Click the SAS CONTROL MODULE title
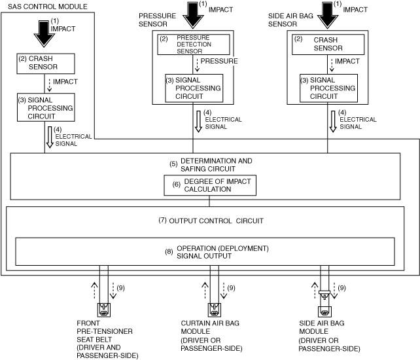47,7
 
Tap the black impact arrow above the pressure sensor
193,15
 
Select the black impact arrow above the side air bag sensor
327,15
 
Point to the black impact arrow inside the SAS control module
44,34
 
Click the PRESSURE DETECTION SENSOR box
194,45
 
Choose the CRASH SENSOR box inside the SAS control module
46,63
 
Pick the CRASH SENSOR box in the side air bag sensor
328,45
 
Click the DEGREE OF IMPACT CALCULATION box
210,185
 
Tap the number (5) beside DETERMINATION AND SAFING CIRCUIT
173,164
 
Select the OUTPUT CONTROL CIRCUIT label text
216,221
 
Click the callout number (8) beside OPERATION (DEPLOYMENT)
169,252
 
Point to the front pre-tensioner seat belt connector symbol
103,310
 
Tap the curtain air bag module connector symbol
215,310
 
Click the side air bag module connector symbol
324,304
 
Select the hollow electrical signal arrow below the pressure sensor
198,122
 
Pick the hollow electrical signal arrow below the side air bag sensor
333,122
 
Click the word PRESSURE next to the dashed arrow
219,61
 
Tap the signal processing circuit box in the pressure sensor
194,88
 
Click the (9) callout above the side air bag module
341,288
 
